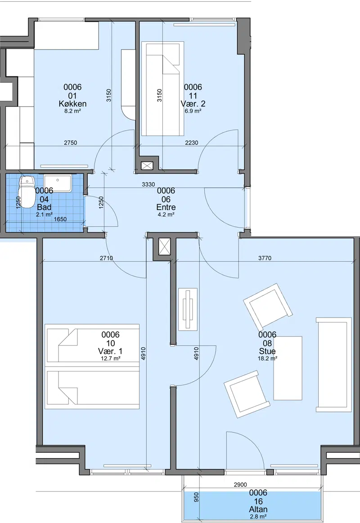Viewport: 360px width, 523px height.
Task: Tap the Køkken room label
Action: click(x=73, y=104)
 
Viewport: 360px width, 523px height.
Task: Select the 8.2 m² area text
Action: click(x=73, y=111)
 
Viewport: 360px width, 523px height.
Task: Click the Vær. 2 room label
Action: click(x=193, y=104)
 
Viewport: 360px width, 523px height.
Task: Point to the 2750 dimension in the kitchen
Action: click(x=70, y=143)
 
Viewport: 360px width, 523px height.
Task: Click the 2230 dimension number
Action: click(x=192, y=143)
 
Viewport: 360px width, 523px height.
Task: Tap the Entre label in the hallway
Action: click(x=166, y=207)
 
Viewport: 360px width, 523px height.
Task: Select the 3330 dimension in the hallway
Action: click(x=148, y=184)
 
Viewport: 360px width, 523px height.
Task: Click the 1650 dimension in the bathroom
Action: click(x=60, y=219)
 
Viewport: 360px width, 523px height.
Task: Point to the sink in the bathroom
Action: click(x=58, y=183)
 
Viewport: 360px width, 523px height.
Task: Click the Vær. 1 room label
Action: click(x=110, y=351)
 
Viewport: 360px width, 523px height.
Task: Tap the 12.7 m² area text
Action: click(x=110, y=358)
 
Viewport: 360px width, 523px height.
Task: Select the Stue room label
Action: click(x=267, y=351)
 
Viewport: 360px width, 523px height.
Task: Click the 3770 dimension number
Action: click(x=265, y=258)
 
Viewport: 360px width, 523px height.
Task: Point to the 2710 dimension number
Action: click(x=106, y=258)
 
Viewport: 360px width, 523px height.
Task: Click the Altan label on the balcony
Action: click(x=258, y=510)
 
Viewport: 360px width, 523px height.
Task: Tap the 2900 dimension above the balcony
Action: click(x=240, y=485)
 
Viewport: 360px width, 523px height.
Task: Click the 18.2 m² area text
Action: click(x=267, y=358)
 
